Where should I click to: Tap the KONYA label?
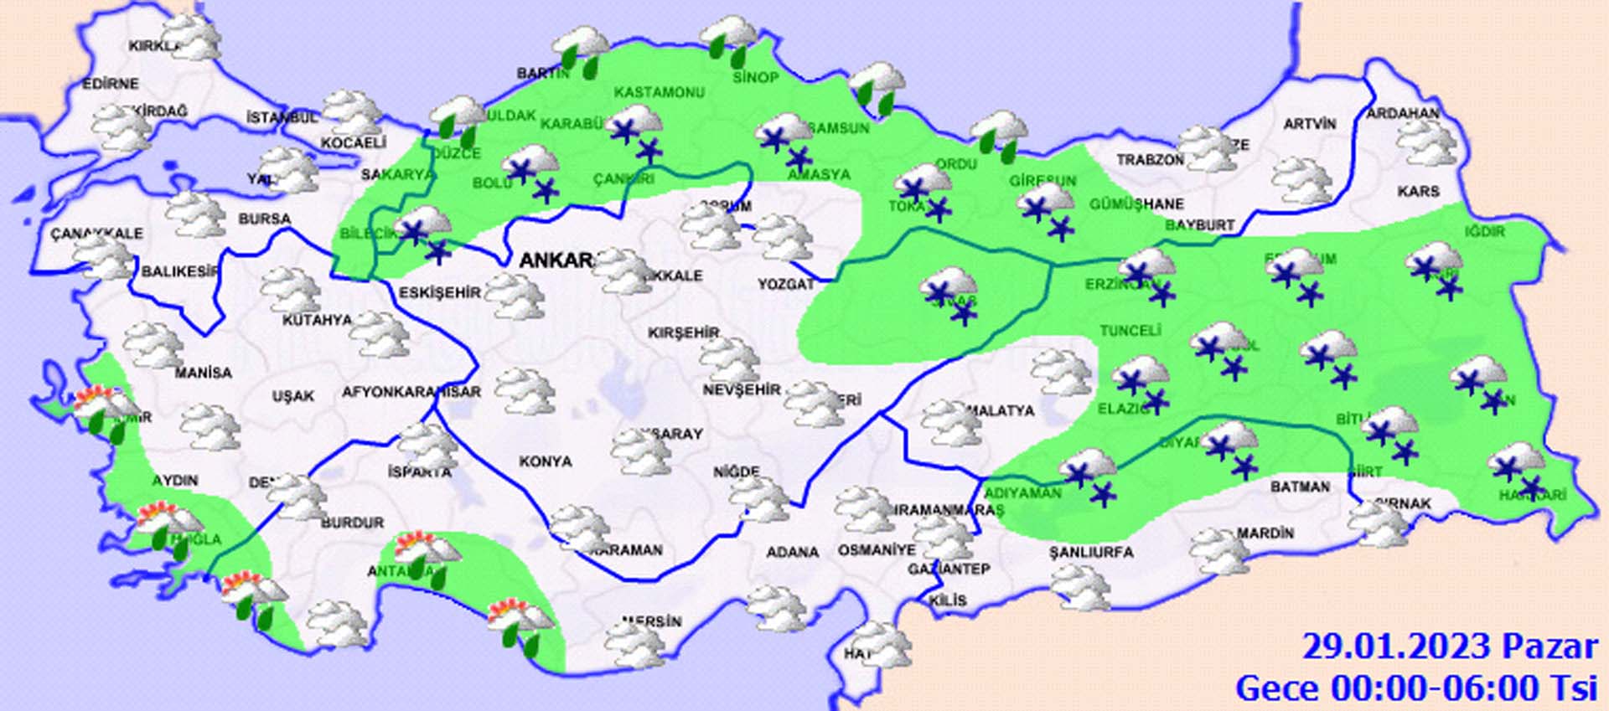point(546,461)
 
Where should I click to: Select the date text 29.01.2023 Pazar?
point(1449,647)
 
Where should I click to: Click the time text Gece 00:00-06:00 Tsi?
point(1415,688)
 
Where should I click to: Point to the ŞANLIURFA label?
point(1091,552)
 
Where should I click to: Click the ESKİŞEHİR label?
point(440,292)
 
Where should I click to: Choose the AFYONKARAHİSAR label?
point(411,392)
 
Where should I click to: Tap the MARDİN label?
point(1265,533)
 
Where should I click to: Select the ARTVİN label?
point(1310,124)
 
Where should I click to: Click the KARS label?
point(1418,192)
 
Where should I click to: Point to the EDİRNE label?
point(110,84)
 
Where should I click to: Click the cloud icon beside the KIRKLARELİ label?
point(194,37)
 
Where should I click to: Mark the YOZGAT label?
point(786,285)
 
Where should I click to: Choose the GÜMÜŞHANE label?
point(1136,204)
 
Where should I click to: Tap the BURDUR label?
point(352,523)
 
